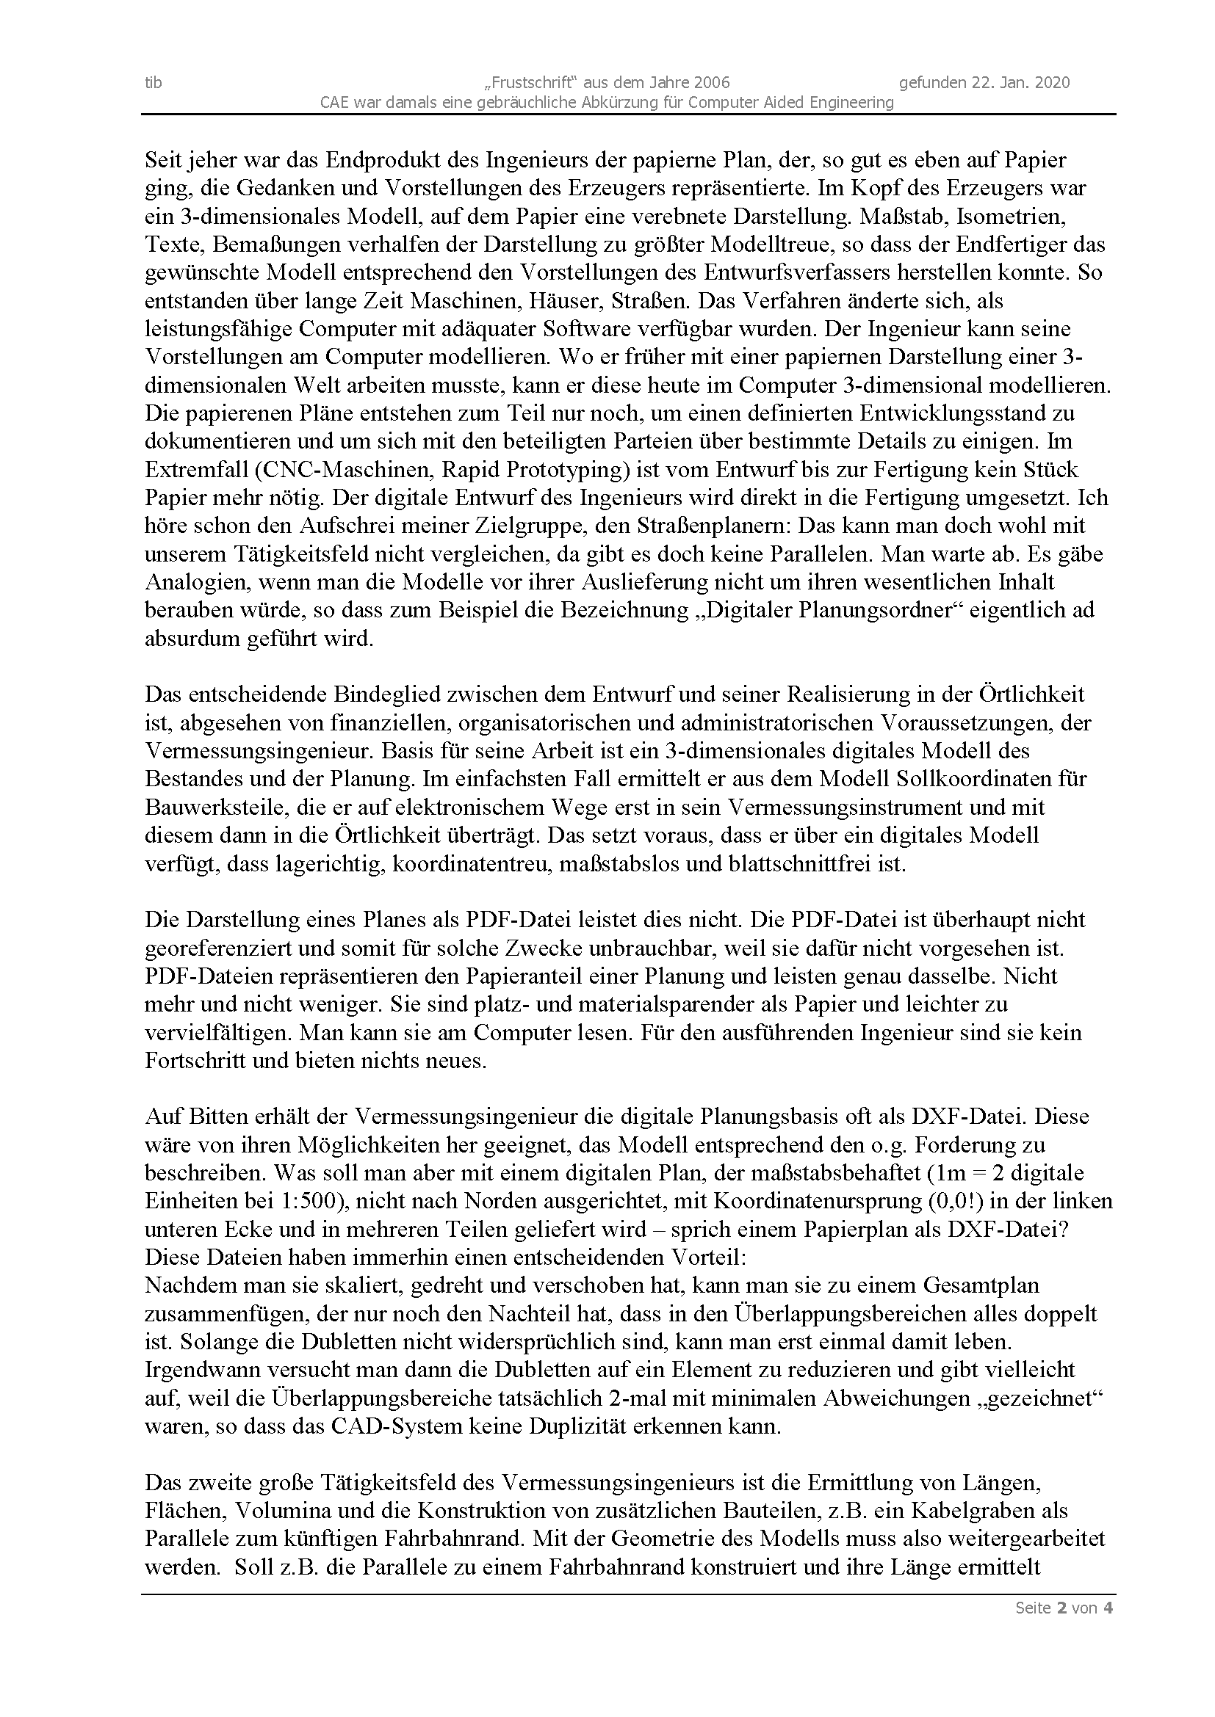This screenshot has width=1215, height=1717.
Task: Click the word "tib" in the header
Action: coord(153,82)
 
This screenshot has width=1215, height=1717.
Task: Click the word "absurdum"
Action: coord(192,639)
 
